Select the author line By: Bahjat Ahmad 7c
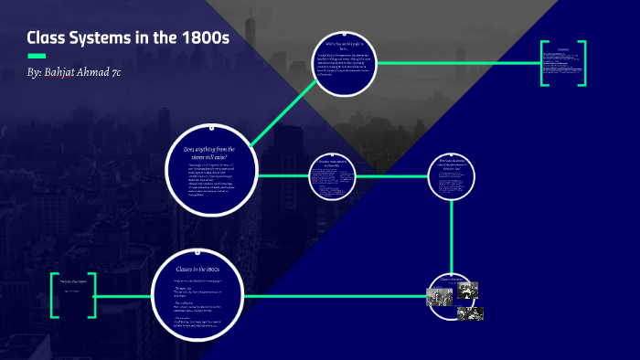80,72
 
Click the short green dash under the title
37,56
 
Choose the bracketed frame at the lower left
73,294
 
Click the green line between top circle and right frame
457,63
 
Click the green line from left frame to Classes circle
123,296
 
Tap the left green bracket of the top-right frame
545,63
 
